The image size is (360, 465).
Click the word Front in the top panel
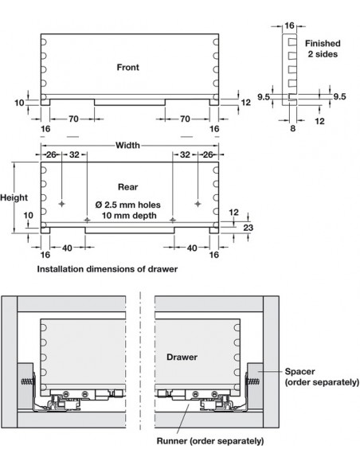point(127,68)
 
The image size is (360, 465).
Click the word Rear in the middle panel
point(127,187)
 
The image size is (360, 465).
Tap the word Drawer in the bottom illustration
point(182,357)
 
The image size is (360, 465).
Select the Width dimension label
point(127,145)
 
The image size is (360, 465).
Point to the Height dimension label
point(14,197)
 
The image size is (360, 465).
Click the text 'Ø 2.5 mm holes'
point(127,205)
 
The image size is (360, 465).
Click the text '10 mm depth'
point(129,215)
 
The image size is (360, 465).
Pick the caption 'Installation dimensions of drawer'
point(108,269)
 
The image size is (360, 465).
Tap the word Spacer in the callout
point(299,372)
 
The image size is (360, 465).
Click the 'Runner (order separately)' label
point(210,441)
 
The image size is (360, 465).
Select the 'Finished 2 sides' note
point(323,49)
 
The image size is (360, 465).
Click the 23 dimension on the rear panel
point(248,228)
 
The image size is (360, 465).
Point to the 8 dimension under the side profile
point(292,128)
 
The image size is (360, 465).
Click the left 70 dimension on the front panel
point(73,119)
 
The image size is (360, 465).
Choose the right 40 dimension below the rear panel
point(192,248)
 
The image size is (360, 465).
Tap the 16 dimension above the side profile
point(289,25)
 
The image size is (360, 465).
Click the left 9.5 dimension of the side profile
point(264,97)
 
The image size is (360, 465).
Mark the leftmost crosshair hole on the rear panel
point(61,204)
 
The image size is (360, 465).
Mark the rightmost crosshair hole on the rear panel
point(198,204)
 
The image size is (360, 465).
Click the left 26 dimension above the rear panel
point(51,154)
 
